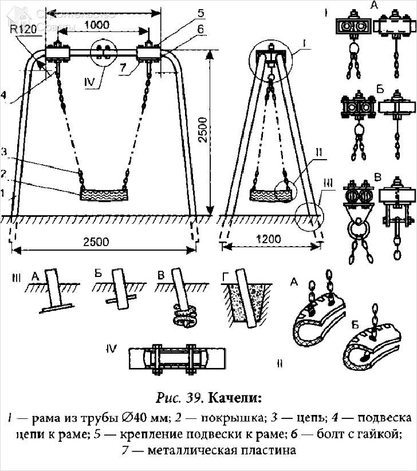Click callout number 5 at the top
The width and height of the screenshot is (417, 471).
coord(184,11)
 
